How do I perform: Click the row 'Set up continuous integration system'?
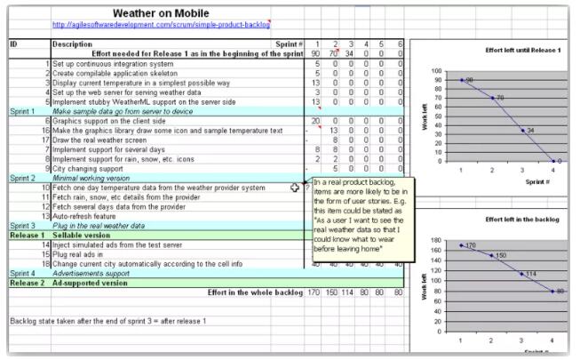pos(113,64)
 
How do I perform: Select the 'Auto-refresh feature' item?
pos(84,216)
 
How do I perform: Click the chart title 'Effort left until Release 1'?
pos(523,51)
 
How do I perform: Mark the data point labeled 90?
pos(462,79)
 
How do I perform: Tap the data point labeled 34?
pos(522,130)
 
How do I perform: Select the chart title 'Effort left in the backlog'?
pos(522,219)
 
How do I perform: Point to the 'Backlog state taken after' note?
pos(107,320)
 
